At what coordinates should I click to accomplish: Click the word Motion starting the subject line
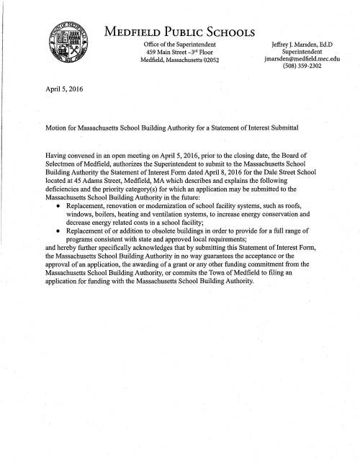pos(56,127)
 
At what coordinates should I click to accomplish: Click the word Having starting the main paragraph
pos(57,154)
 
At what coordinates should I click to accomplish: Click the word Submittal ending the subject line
pos(284,127)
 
